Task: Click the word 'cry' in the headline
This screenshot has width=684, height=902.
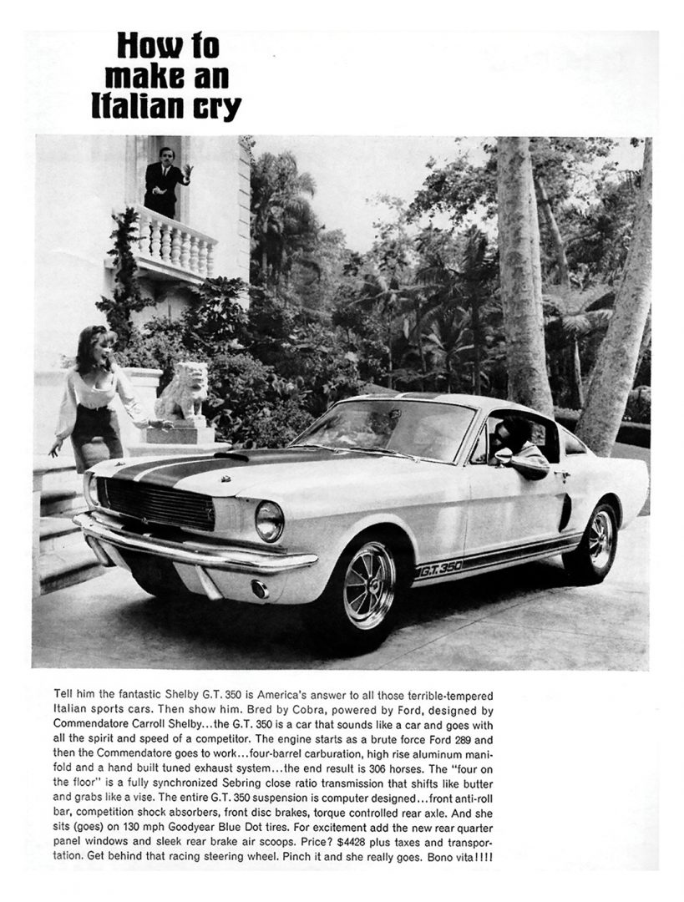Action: click(215, 107)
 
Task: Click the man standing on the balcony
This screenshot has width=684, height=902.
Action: click(165, 178)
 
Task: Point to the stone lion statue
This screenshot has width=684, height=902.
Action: click(184, 391)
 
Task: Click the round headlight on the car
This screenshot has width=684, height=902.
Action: click(269, 521)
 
